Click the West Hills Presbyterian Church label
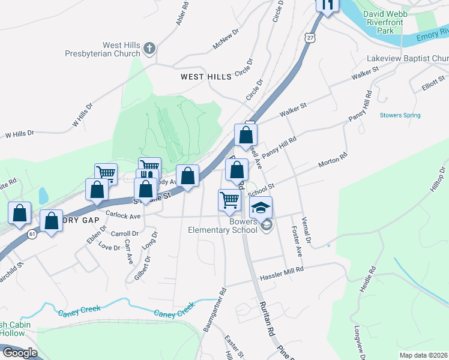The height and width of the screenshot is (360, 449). tap(105, 49)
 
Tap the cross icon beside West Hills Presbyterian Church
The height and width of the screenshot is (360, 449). tap(149, 48)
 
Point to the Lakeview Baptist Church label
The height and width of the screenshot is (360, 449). tap(408, 58)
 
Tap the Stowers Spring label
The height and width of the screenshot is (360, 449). tap(400, 115)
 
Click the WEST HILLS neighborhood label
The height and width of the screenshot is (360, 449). tap(206, 77)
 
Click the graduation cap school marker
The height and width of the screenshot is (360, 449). tap(261, 208)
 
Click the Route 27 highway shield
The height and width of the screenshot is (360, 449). tap(310, 37)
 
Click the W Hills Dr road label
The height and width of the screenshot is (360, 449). tap(83, 115)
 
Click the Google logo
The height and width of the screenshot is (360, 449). tap(20, 352)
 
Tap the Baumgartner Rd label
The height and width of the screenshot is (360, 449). tap(214, 310)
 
